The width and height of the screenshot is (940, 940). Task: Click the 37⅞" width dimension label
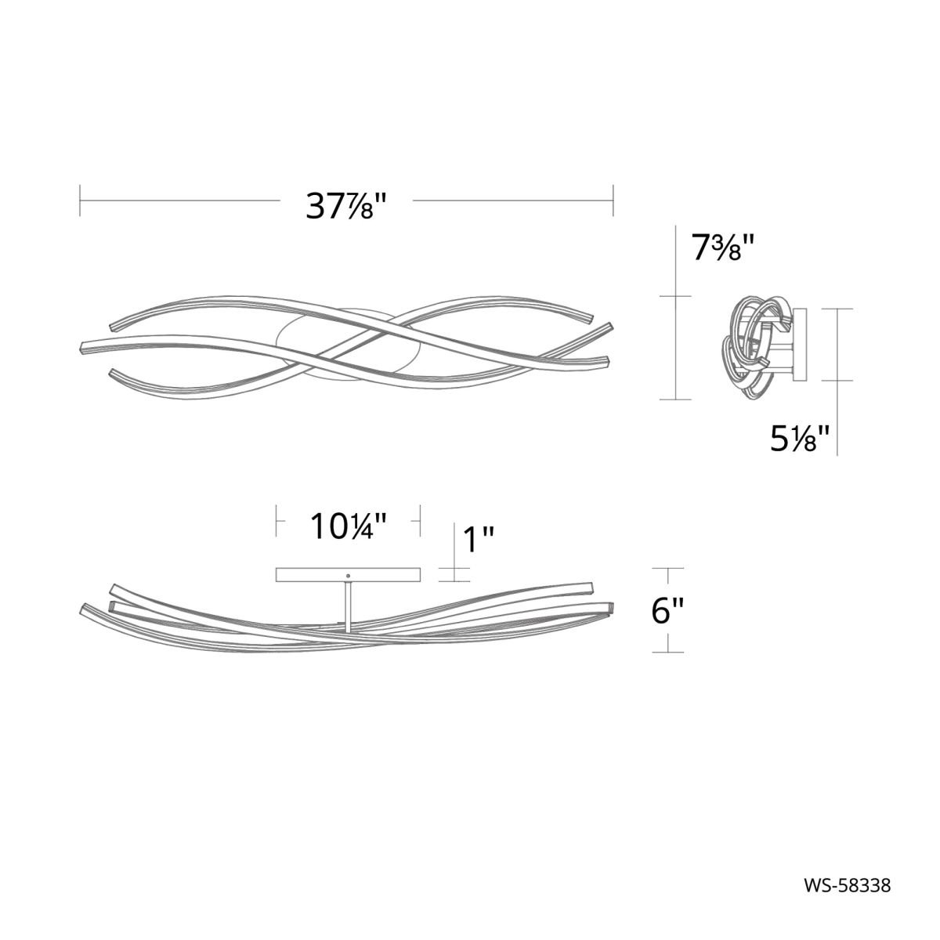pyautogui.click(x=346, y=205)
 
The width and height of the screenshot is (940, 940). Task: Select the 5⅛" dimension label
pyautogui.click(x=800, y=438)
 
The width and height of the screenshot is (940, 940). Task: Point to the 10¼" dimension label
pyautogui.click(x=349, y=526)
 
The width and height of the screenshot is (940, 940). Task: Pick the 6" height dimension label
pyautogui.click(x=667, y=609)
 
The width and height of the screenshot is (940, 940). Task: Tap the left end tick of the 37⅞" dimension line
pyautogui.click(x=80, y=201)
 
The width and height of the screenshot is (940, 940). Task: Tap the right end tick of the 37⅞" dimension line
pyautogui.click(x=613, y=201)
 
